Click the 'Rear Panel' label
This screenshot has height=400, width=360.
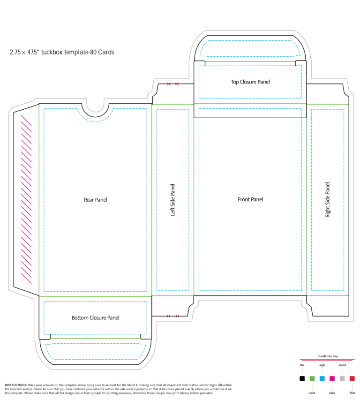point(95,200)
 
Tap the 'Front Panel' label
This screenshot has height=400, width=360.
point(250,199)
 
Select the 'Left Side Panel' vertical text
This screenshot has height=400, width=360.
point(172,200)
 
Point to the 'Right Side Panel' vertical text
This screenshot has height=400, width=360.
point(327,200)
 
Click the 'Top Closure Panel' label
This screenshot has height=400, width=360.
point(250,82)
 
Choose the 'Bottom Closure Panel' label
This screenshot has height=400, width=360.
point(95,317)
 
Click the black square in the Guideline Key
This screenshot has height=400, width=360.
point(302,378)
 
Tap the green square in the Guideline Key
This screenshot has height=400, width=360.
point(312,378)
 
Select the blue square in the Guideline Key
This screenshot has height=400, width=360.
point(322,378)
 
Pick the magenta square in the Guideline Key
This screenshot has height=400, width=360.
point(332,378)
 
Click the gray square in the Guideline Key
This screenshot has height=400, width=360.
point(342,378)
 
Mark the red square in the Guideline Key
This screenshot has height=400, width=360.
point(352,378)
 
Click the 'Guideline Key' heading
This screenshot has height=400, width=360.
point(328,356)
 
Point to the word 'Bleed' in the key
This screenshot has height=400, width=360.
point(342,365)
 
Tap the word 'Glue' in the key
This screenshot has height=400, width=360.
point(332,393)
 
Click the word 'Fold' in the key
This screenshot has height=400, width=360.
point(312,393)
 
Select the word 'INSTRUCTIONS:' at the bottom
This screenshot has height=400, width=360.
point(16,385)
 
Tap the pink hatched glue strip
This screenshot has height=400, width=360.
point(26,199)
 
